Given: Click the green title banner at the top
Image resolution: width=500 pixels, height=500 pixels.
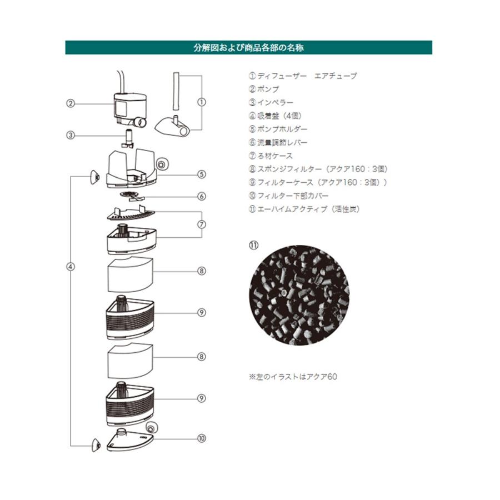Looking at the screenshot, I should point(248,47).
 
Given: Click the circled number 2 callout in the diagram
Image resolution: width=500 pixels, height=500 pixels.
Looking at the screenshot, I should point(71,103).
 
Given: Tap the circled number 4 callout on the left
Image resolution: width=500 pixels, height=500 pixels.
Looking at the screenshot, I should point(71,267).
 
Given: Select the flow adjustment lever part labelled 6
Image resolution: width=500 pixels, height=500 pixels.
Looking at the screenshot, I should point(132,196).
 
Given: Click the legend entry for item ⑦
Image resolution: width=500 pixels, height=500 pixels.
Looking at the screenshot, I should point(271,156).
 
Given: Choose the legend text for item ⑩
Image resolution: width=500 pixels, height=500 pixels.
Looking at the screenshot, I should point(289,196).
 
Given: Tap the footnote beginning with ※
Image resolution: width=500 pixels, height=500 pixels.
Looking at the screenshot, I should point(293,376).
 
